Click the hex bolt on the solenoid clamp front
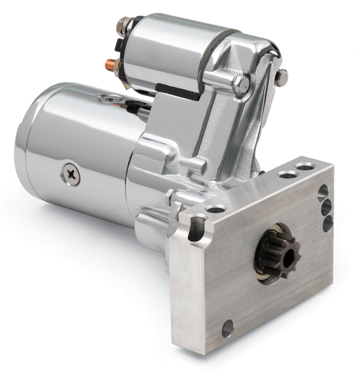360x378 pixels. coord(242,84)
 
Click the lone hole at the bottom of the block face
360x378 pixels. coord(228,329)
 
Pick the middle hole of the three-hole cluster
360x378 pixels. coord(326,207)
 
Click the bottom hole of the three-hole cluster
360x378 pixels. coord(327,223)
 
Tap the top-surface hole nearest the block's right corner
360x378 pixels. coord(306,167)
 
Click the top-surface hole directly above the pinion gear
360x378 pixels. coord(216,209)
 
